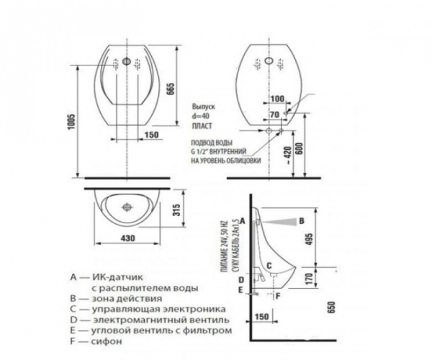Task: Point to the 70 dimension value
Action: (275, 114)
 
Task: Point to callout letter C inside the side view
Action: (269, 266)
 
